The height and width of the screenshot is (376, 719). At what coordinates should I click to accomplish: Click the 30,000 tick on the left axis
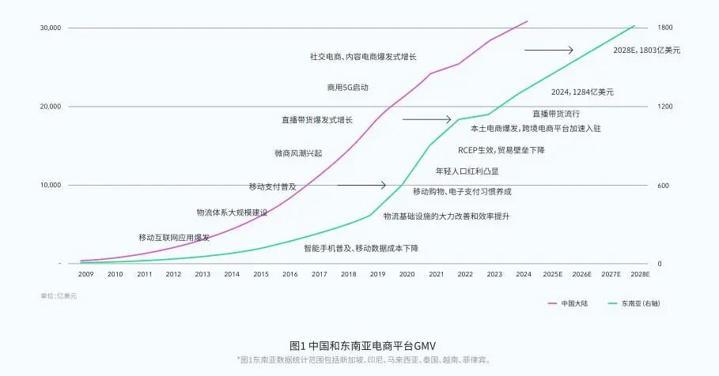(51, 28)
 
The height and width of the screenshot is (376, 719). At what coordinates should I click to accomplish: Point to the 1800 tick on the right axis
(665, 28)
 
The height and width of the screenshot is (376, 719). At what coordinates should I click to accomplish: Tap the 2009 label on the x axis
(85, 274)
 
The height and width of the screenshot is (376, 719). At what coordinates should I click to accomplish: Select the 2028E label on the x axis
(639, 274)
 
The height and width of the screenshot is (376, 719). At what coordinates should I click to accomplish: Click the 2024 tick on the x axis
(523, 274)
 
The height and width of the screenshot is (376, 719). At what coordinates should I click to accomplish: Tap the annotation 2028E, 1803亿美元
(646, 50)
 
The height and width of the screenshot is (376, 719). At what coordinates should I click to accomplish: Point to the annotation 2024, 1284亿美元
(582, 92)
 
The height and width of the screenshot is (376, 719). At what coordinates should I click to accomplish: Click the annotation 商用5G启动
(348, 87)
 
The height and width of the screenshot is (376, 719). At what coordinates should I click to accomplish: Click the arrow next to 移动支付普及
(361, 186)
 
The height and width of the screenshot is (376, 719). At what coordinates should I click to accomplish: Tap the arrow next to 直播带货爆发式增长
(426, 120)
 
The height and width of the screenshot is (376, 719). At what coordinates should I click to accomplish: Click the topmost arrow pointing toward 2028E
(548, 50)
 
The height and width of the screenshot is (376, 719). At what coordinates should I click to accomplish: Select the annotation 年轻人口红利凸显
(467, 171)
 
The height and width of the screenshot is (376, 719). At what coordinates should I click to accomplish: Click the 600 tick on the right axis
(664, 186)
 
